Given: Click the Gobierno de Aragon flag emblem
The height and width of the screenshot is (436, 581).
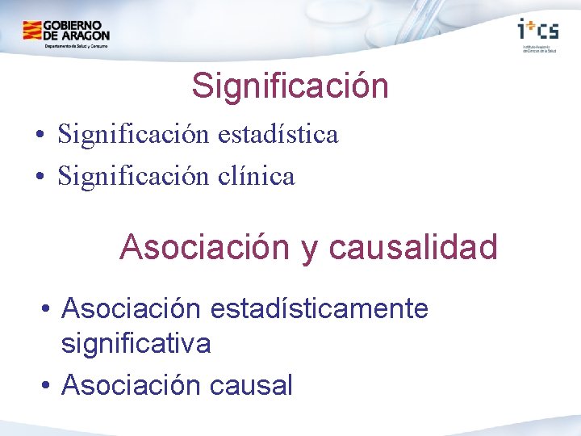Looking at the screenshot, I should point(32,31).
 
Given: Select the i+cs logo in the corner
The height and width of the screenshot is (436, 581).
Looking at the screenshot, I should point(537,30).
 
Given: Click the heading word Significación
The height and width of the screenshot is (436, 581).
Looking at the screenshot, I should point(290,86).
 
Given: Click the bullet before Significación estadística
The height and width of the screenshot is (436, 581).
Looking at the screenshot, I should point(40,135).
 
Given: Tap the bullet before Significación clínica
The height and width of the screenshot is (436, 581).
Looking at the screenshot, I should point(40,176).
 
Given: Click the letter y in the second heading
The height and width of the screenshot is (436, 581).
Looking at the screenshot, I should point(309,249).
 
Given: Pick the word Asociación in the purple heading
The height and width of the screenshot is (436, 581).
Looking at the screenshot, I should point(205,247).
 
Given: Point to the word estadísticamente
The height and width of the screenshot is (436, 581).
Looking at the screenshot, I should point(319,308).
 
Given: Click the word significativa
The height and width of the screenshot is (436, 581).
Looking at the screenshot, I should point(136,344).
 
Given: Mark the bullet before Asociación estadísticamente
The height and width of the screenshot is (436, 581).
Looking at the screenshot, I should point(48,309).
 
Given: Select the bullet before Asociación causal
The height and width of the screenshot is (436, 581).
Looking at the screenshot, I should point(48,386).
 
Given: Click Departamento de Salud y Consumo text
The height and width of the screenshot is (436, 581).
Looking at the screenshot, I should point(77,46).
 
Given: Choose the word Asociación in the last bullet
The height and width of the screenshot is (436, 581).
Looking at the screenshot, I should point(132,385).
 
